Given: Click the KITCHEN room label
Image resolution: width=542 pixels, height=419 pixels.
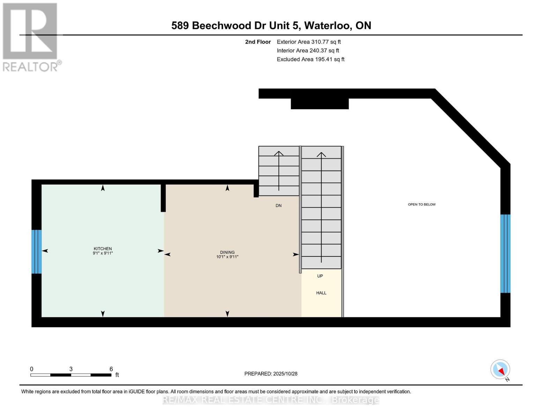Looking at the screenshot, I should point(103,249).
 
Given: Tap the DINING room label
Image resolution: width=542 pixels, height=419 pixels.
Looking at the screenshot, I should point(227,252).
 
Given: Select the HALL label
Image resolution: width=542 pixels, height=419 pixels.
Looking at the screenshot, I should point(321,293).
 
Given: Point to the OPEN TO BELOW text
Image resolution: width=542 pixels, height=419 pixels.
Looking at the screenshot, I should point(422,204).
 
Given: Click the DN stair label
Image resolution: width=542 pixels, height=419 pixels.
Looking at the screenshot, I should point(279,206).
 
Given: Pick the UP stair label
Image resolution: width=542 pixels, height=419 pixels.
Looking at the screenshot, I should point(320,276).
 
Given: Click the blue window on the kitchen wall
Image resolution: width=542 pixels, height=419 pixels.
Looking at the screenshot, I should point(37,251).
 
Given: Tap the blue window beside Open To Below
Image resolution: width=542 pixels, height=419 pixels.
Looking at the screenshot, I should point(505,253).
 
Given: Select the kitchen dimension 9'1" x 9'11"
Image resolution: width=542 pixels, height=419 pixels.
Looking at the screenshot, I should point(103,253).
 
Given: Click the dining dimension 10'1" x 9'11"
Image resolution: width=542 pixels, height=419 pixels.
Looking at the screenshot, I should point(227,257).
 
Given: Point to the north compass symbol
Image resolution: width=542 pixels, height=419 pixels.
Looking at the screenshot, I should point(500,370).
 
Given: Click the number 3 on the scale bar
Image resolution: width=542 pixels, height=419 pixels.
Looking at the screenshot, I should point(71,369).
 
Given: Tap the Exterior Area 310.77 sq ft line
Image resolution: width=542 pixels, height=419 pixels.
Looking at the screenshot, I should point(309,42).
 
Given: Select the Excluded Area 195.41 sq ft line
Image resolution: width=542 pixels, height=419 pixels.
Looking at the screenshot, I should point(311,59).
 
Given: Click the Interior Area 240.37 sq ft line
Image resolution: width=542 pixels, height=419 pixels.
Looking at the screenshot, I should point(308,51).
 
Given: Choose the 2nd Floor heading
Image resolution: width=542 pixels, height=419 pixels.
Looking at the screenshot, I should point(258,42).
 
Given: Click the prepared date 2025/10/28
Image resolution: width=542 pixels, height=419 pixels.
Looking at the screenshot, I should point(285,374).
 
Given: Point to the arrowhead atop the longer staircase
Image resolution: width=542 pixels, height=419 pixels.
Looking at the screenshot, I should point(321,154).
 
